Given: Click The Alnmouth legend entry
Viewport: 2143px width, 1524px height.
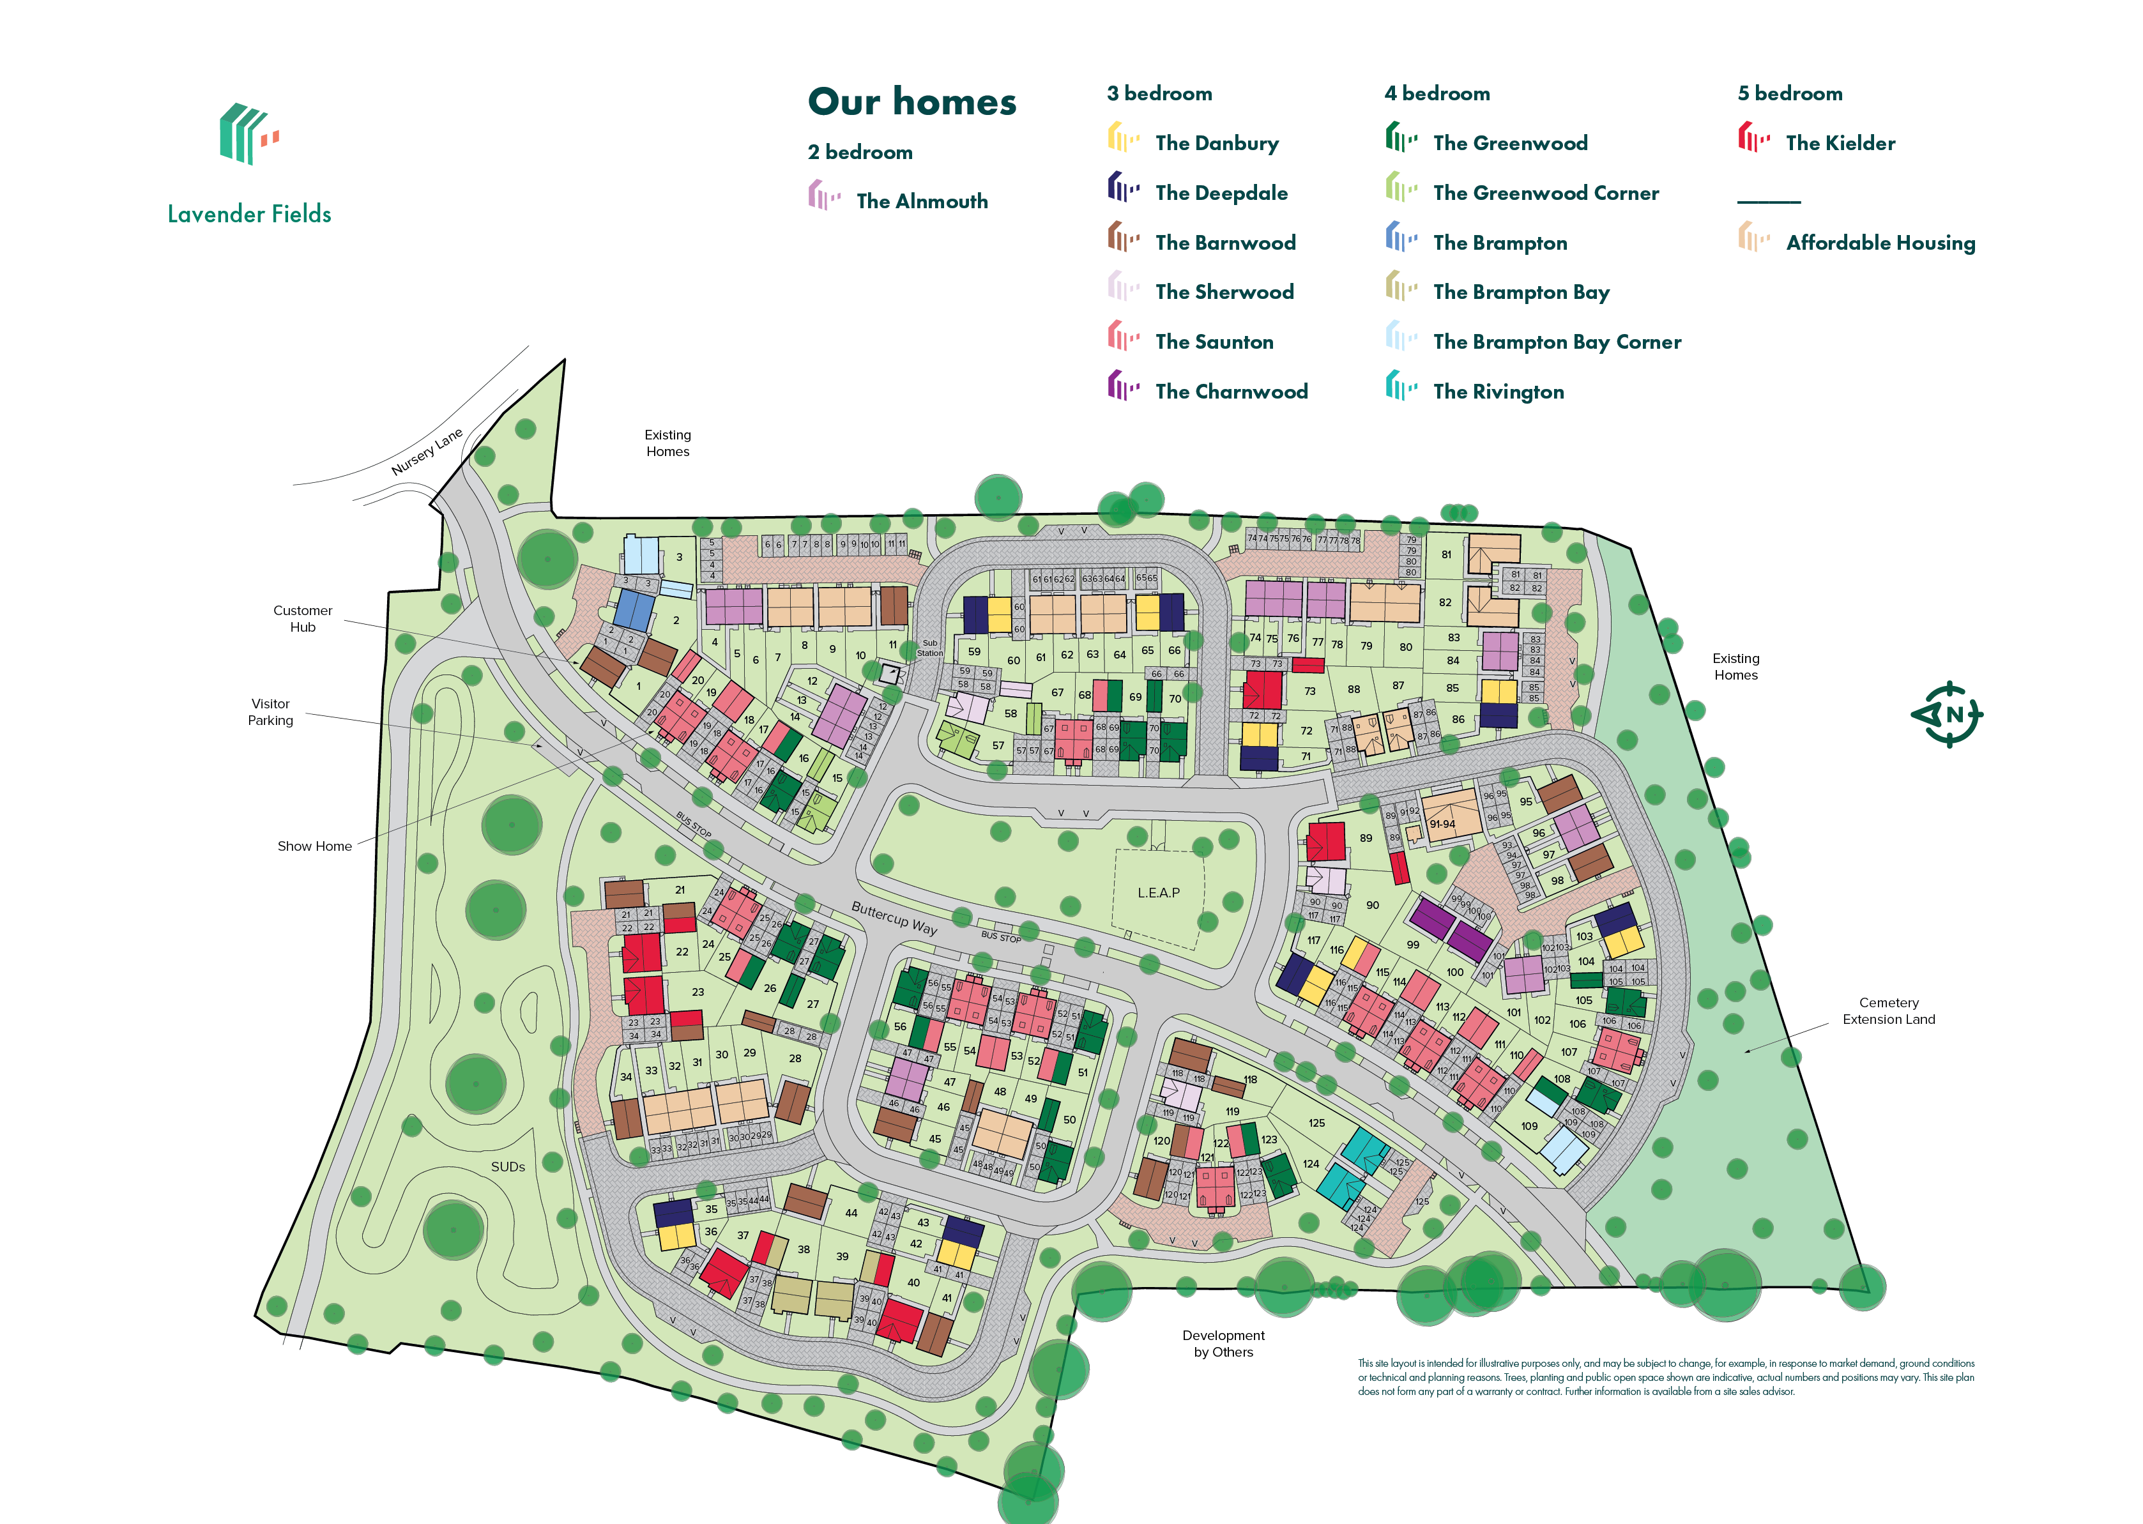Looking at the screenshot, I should click(920, 201).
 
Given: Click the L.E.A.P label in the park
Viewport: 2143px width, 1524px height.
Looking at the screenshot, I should click(1158, 892).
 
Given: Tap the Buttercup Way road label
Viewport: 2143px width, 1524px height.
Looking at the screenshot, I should click(894, 918).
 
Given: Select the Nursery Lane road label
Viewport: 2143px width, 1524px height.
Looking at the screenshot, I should click(427, 452).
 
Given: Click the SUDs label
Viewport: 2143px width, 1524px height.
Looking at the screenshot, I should click(508, 1166).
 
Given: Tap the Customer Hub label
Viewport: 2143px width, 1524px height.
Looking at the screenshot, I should click(302, 618).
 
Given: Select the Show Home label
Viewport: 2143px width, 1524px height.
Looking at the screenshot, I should click(314, 846).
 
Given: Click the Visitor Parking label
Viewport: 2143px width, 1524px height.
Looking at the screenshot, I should click(270, 712).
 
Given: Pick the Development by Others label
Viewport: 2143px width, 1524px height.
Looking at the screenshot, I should click(1223, 1343).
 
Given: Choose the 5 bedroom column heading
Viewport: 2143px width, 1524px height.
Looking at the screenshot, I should click(1789, 93).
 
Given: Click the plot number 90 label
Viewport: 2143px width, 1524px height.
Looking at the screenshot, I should click(1372, 904).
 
